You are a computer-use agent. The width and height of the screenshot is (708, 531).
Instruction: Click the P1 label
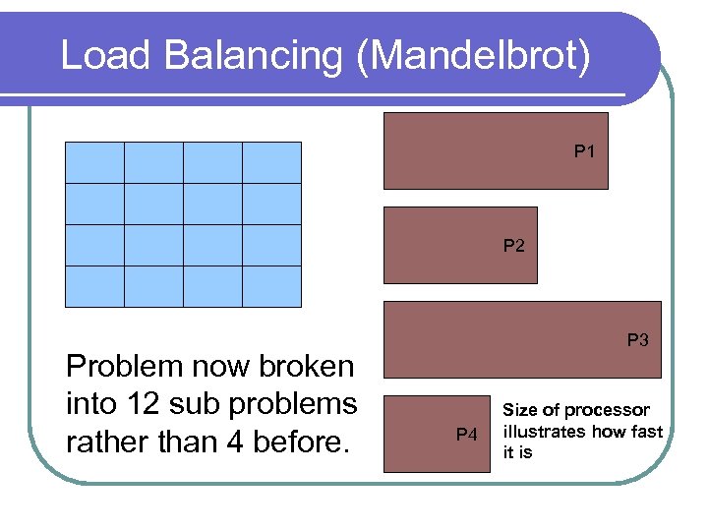point(584,151)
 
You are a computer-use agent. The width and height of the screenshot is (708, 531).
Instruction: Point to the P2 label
point(513,246)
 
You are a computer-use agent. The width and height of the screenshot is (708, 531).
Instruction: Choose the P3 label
point(637,340)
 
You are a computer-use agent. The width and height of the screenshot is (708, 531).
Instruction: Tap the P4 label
point(466,435)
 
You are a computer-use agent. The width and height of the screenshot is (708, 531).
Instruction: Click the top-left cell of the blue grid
point(94,162)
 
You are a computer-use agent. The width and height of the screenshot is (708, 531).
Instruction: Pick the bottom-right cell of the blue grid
point(271,286)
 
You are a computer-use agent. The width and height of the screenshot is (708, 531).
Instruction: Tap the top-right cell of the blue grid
point(271,162)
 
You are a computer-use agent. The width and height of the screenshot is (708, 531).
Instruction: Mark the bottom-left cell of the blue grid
point(94,286)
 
